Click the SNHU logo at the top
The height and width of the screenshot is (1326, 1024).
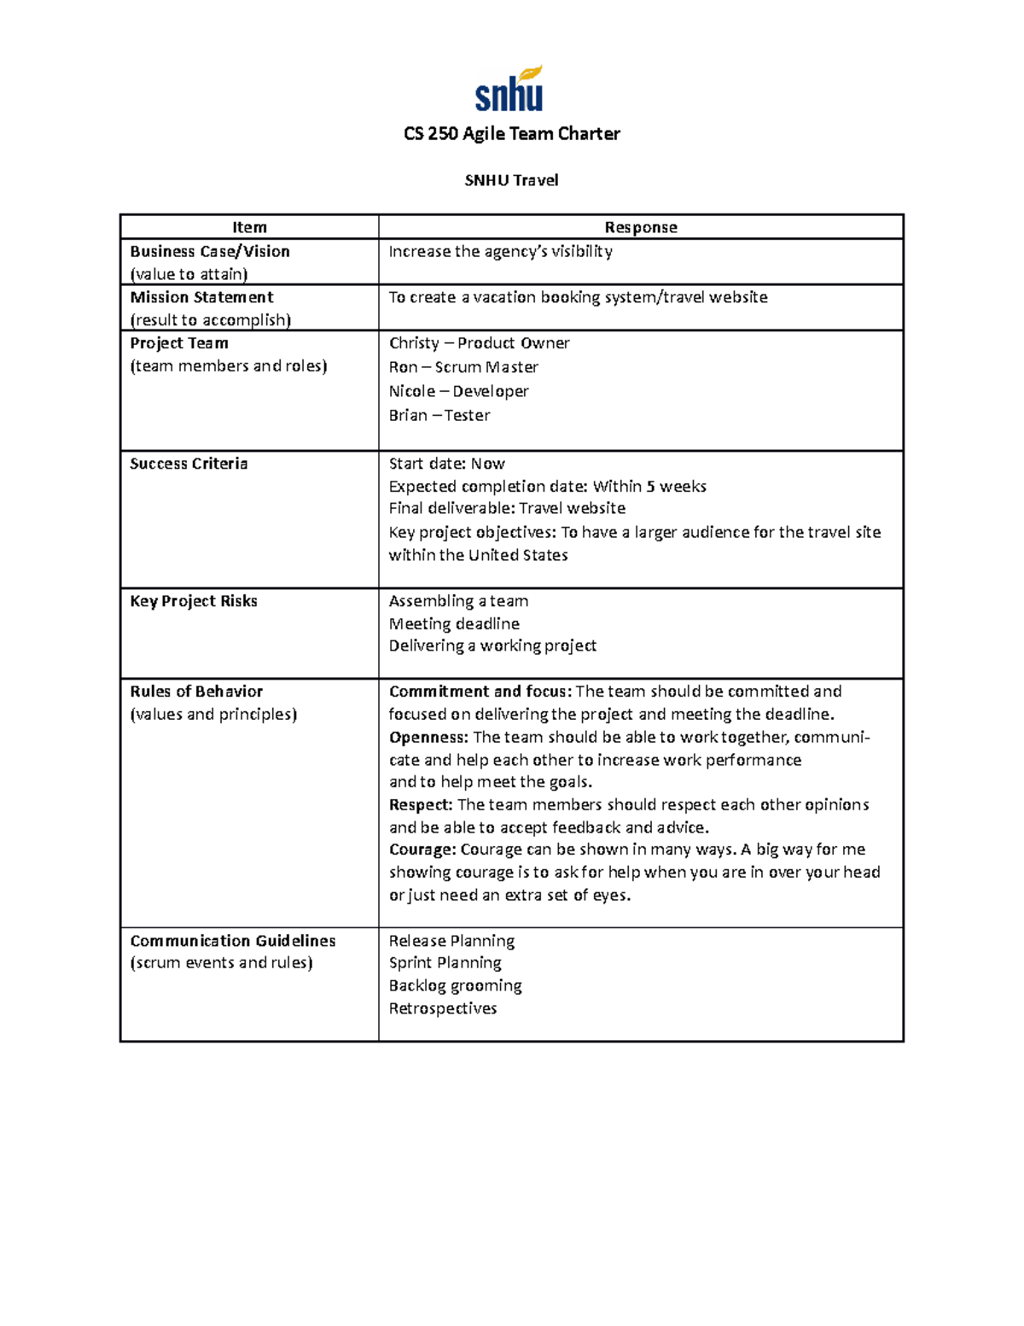point(509,90)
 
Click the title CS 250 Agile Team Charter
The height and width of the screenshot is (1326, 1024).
point(511,134)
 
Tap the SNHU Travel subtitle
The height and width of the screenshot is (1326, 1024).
point(511,180)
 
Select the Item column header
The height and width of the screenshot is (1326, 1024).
point(249,227)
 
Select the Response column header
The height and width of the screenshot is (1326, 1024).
point(640,227)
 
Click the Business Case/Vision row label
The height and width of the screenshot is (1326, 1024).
point(210,252)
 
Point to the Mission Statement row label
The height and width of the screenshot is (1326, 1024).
point(201,297)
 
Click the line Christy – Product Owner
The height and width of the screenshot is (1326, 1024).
point(479,343)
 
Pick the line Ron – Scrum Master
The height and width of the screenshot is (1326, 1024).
point(463,367)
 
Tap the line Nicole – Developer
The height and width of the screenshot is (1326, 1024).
point(458,391)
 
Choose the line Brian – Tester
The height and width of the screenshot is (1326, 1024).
point(439,415)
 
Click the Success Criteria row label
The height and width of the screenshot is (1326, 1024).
point(189,464)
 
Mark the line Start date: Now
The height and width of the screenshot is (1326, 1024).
point(446,464)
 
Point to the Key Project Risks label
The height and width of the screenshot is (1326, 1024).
point(194,601)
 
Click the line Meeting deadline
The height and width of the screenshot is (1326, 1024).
point(454,624)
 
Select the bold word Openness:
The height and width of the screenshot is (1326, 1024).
point(428,737)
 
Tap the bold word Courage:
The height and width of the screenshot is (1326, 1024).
point(422,850)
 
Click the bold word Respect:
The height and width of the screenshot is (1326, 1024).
point(421,804)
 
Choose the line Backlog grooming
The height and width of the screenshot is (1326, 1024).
point(455,985)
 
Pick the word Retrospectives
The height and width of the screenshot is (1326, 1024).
point(442,1008)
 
